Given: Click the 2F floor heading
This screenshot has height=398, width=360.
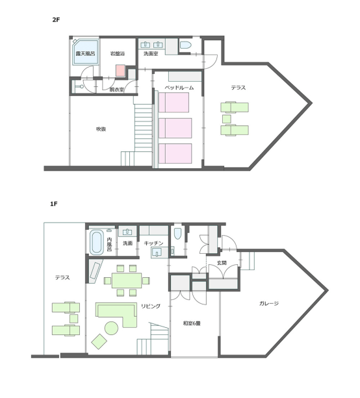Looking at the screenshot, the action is [x=56, y=19].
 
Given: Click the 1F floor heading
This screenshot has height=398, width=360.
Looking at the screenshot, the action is [x=54, y=204].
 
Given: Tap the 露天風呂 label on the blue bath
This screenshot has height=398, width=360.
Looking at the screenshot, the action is [x=85, y=54].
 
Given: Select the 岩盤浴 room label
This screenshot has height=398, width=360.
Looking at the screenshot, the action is [x=118, y=53].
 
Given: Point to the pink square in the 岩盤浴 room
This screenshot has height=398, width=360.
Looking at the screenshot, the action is [x=120, y=70].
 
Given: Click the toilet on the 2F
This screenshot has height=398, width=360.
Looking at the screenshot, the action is [x=185, y=45].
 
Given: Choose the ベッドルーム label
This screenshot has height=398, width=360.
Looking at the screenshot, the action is [x=179, y=88].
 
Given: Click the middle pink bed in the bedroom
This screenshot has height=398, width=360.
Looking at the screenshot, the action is [x=175, y=128].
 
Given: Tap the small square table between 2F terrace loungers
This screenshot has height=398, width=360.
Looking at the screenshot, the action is [x=227, y=119].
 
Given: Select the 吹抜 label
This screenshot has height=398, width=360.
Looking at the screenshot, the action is [x=101, y=129].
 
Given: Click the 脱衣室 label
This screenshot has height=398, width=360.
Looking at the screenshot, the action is [x=116, y=90].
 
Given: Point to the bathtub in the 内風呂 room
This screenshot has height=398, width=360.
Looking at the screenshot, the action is [x=97, y=242].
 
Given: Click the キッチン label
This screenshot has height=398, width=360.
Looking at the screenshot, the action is [x=153, y=243].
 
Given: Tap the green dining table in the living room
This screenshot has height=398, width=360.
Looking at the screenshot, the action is [x=127, y=280].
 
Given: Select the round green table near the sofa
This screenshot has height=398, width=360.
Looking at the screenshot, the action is [x=112, y=328].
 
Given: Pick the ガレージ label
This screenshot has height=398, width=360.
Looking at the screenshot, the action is [x=269, y=303].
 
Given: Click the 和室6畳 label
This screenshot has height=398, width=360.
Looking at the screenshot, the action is [x=192, y=323].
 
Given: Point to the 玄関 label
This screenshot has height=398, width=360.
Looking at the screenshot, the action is [x=222, y=263].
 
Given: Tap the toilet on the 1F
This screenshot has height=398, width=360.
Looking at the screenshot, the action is [x=177, y=234].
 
